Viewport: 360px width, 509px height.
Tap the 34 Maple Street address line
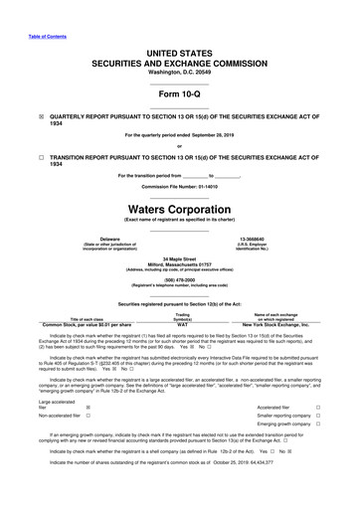[180, 257]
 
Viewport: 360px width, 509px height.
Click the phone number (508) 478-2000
[180, 280]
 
